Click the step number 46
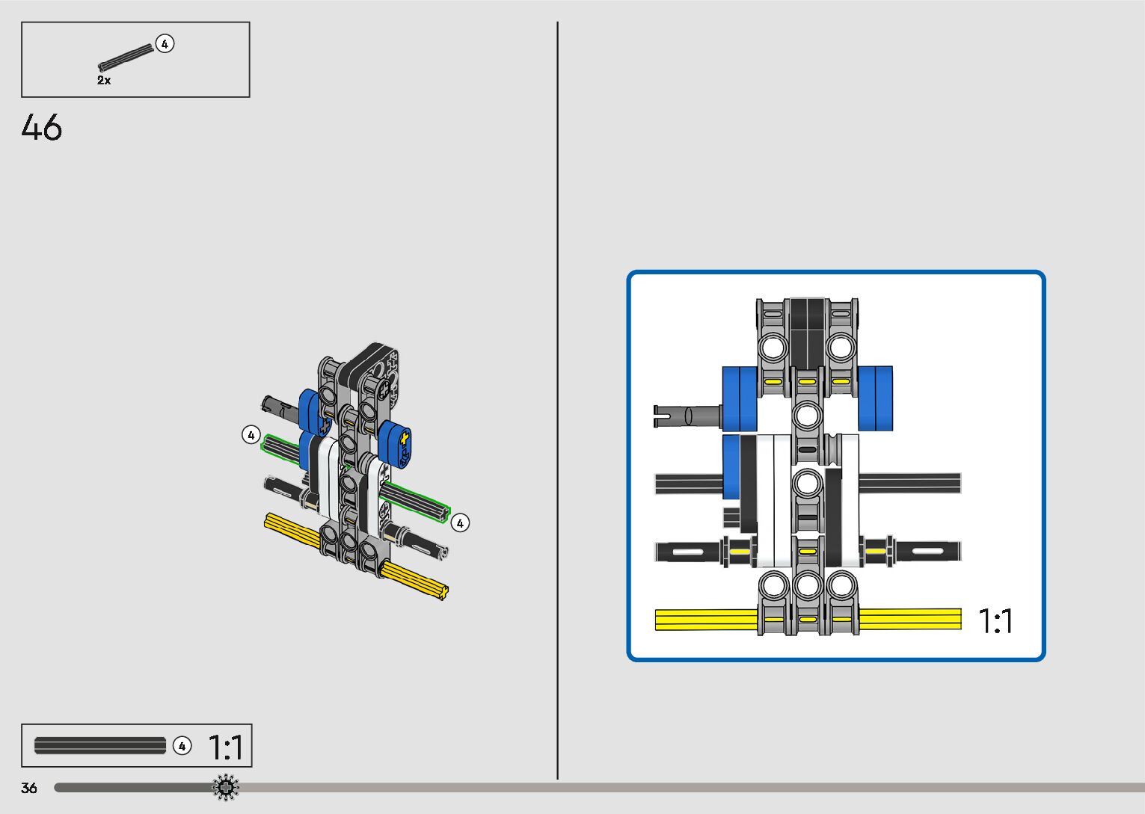41,127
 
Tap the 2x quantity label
104,80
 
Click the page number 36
29,788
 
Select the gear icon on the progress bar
225,787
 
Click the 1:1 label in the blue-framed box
995,621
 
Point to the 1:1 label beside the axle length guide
226,747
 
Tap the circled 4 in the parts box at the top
165,44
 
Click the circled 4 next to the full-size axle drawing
182,746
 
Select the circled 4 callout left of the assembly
251,435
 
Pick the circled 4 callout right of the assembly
460,522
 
